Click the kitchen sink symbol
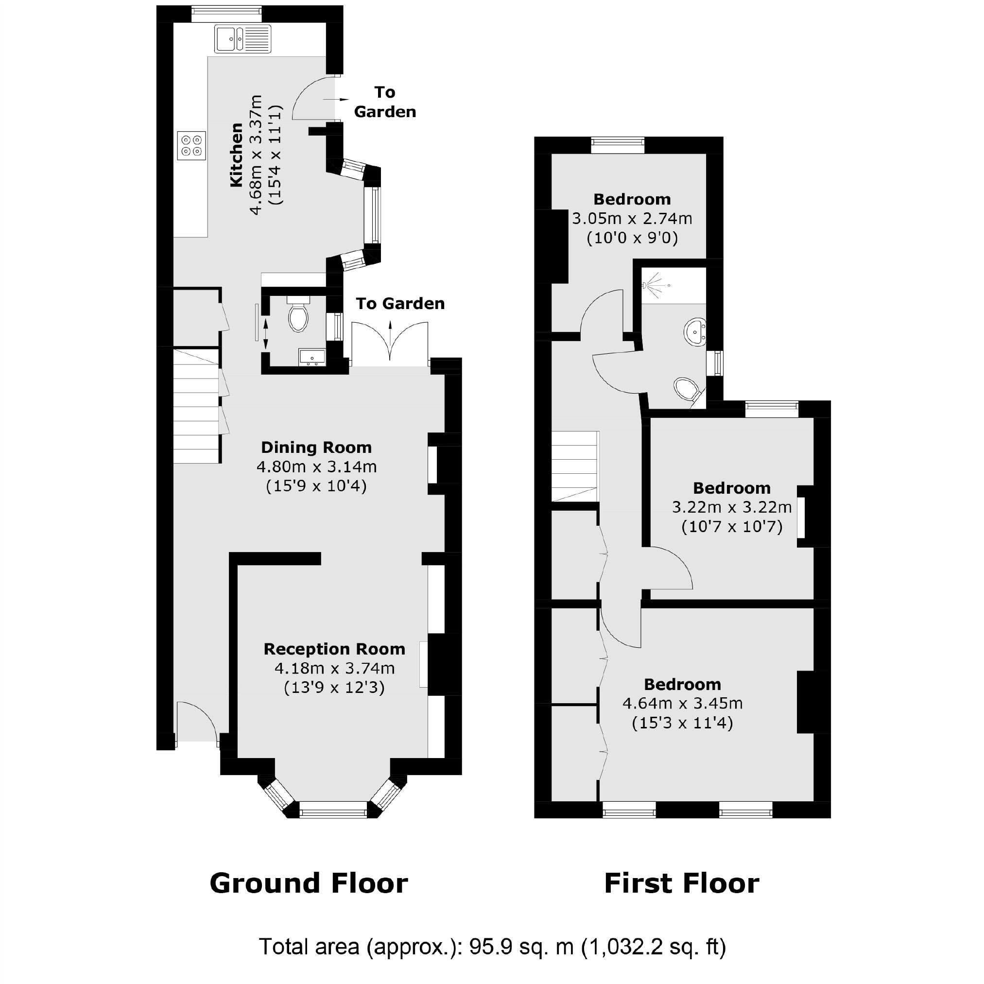coord(242,39)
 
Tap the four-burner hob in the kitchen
coord(191,145)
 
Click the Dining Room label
coord(316,448)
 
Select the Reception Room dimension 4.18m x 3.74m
coord(334,668)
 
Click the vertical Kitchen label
coord(236,155)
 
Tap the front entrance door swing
coord(197,722)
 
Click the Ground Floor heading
coord(309,883)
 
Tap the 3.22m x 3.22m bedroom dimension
coord(731,507)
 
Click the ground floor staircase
coord(196,406)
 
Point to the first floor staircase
coord(575,466)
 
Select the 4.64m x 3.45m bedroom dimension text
coord(683,703)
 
